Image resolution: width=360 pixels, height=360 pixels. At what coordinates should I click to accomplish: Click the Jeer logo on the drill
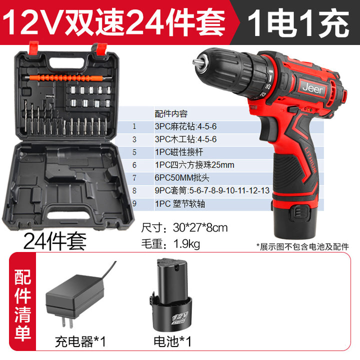click(312, 88)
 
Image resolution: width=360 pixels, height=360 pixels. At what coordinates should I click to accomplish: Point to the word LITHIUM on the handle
click(311, 160)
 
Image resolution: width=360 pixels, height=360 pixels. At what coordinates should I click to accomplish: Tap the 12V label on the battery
click(180, 318)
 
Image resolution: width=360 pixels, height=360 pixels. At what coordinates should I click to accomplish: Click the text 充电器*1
click(80, 341)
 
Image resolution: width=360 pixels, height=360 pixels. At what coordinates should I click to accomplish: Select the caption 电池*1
click(172, 341)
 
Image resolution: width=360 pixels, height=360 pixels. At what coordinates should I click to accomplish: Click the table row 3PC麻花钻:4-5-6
click(185, 126)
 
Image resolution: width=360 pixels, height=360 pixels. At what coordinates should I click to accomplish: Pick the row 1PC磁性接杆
click(179, 152)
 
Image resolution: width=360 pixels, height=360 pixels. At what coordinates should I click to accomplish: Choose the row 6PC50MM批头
click(182, 178)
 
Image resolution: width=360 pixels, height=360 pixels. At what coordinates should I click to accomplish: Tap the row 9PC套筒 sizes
click(212, 190)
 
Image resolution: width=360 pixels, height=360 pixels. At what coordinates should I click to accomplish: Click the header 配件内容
click(171, 114)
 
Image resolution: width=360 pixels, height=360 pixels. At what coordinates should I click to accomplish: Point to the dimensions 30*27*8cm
click(200, 228)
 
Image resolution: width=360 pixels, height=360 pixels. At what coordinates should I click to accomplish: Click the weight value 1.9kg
click(186, 243)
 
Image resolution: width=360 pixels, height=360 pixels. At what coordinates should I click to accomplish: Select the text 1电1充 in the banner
click(298, 22)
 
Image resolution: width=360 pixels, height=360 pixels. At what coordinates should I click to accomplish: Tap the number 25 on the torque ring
click(268, 86)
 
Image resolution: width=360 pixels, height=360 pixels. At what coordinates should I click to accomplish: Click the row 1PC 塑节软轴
click(180, 204)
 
